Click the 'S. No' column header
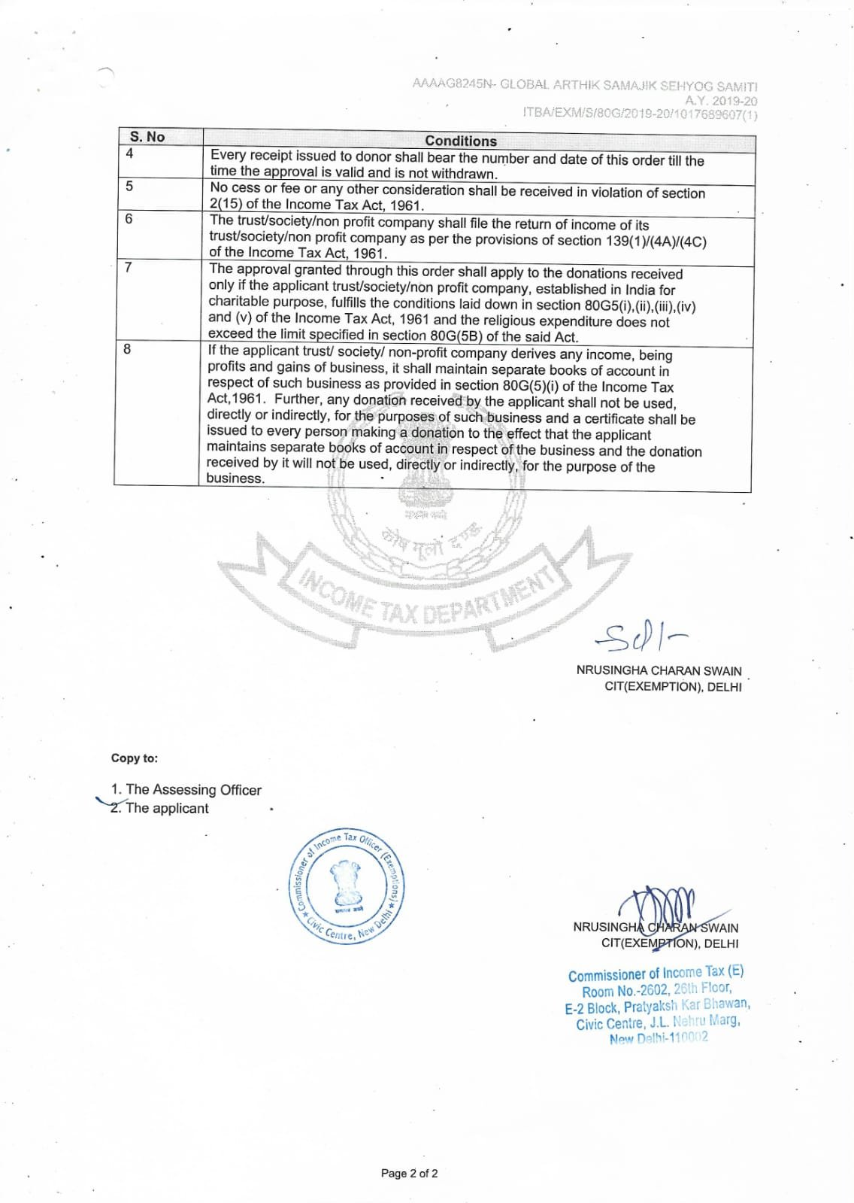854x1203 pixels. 147,137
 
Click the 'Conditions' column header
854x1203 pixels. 460,141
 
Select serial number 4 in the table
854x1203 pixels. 129,154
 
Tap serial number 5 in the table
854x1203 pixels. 129,186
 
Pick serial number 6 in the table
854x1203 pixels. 129,219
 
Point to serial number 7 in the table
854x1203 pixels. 129,267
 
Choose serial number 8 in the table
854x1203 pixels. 127,349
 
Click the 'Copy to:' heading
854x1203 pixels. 135,758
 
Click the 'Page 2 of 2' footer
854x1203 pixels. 409,1173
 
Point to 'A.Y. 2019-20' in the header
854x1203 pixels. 720,101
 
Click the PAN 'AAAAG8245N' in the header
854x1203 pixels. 451,84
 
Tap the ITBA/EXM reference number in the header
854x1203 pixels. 640,114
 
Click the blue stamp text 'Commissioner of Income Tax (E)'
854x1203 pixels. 656,974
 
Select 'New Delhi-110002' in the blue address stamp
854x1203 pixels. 659,1038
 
